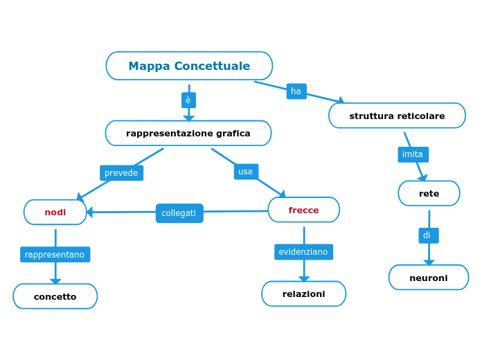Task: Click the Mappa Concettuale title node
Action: click(189, 66)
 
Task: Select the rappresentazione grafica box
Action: click(188, 133)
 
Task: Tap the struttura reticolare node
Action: click(397, 116)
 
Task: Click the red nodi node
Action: click(55, 212)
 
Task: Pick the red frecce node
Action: click(303, 210)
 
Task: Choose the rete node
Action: click(429, 193)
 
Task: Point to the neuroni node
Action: click(428, 278)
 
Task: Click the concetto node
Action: click(55, 296)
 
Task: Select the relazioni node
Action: click(303, 294)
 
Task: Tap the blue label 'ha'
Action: click(296, 91)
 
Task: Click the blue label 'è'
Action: click(188, 100)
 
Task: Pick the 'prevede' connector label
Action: click(121, 173)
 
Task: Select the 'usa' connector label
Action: click(246, 172)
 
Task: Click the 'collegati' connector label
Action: click(179, 213)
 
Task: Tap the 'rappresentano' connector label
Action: click(55, 255)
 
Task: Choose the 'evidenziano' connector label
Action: click(303, 252)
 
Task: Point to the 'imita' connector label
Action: click(413, 154)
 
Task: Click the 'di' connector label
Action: click(428, 235)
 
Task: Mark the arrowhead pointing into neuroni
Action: click(429, 262)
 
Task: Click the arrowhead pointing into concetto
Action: click(55, 282)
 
